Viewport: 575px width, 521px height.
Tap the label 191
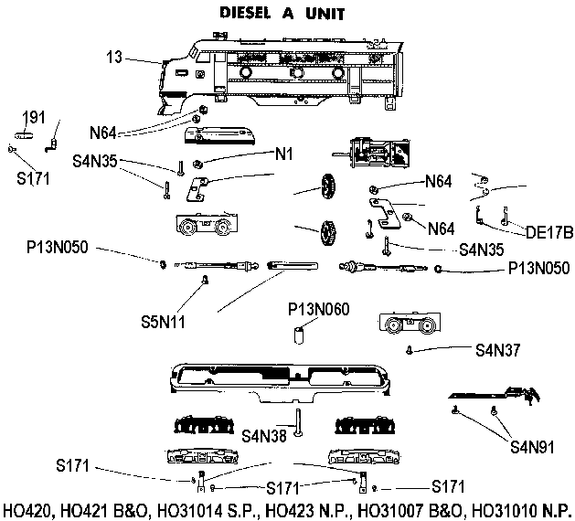[x=34, y=117]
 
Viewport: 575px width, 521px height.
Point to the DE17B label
[x=549, y=232]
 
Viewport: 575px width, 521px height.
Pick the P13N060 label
[x=318, y=309]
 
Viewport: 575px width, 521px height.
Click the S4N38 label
[x=266, y=435]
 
